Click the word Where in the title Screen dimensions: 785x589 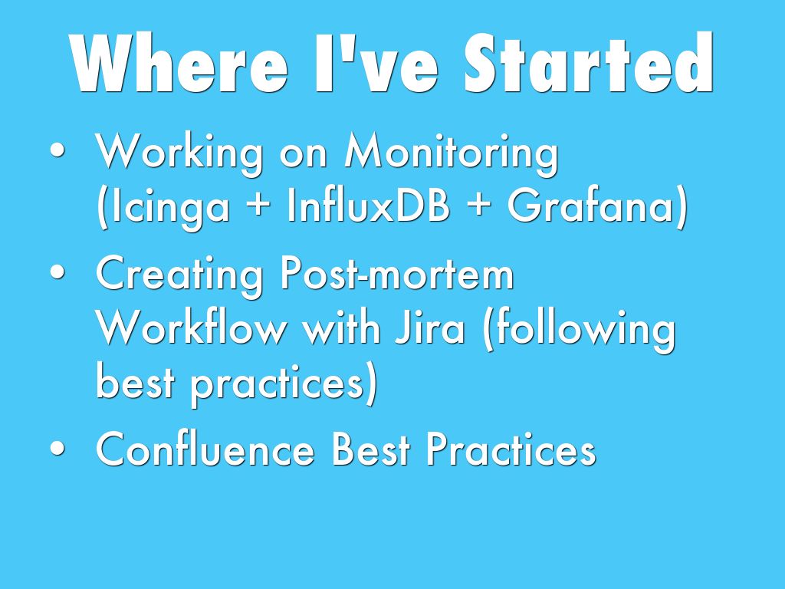179,63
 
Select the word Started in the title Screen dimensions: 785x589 589,63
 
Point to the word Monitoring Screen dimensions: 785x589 452,153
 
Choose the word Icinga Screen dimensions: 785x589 163,207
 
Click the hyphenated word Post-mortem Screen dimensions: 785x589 397,274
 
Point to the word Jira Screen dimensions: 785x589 430,327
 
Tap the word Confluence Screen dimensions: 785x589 205,449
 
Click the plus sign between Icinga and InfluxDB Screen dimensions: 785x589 259,206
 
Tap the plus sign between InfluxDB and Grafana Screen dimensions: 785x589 479,206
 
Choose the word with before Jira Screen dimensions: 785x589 341,327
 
